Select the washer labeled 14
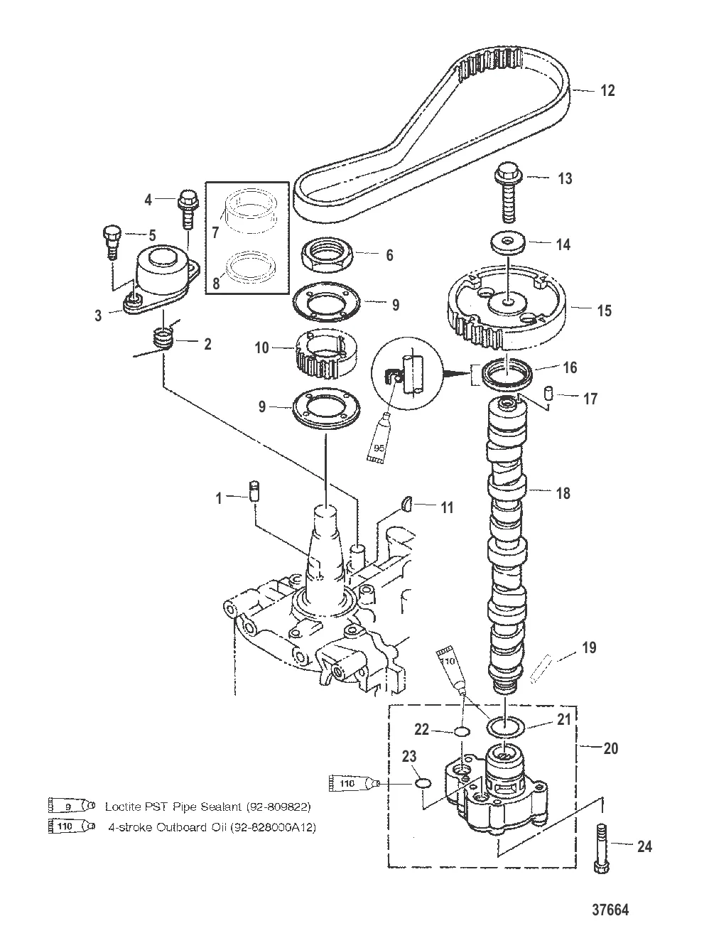click(508, 244)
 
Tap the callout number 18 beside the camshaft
click(563, 492)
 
